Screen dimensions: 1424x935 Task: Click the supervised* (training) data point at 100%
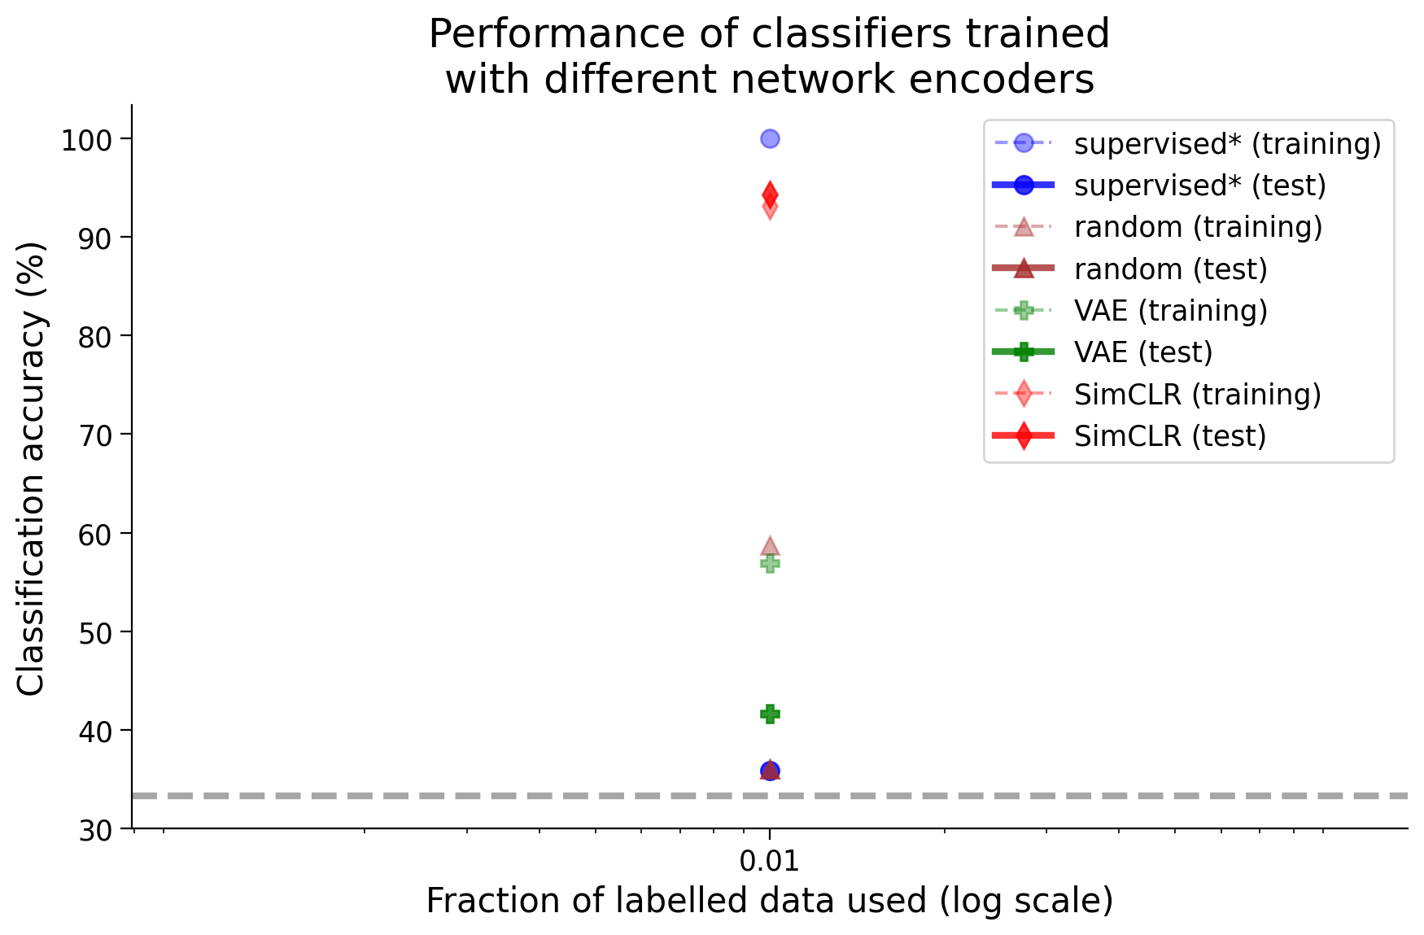point(770,138)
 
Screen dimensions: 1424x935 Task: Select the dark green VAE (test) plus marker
point(770,714)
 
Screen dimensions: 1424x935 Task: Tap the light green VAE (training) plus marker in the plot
point(770,563)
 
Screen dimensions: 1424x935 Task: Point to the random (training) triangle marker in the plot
point(770,545)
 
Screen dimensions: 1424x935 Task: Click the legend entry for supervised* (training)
point(1187,143)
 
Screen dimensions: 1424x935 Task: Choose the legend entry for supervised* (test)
point(1160,186)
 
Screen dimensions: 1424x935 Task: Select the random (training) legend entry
point(1158,227)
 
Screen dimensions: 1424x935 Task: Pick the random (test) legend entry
point(1130,269)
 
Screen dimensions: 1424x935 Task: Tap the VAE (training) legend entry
point(1130,310)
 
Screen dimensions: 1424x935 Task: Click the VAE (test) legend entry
point(1103,352)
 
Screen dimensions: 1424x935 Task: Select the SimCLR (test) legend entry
point(1129,436)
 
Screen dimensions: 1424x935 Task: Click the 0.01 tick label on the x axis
point(770,860)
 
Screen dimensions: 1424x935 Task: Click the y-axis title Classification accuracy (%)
point(31,468)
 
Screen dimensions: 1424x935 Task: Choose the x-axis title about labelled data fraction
point(770,901)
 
